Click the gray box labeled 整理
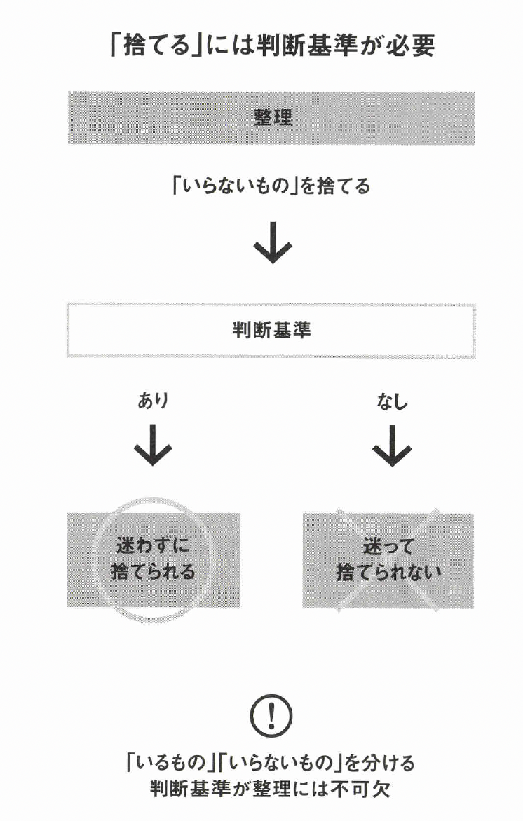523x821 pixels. pos(271,118)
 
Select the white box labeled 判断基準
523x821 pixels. pos(271,331)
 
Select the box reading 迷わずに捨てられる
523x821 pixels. pos(154,560)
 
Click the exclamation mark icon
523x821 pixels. pos(271,716)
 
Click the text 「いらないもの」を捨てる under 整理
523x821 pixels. pos(271,187)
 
